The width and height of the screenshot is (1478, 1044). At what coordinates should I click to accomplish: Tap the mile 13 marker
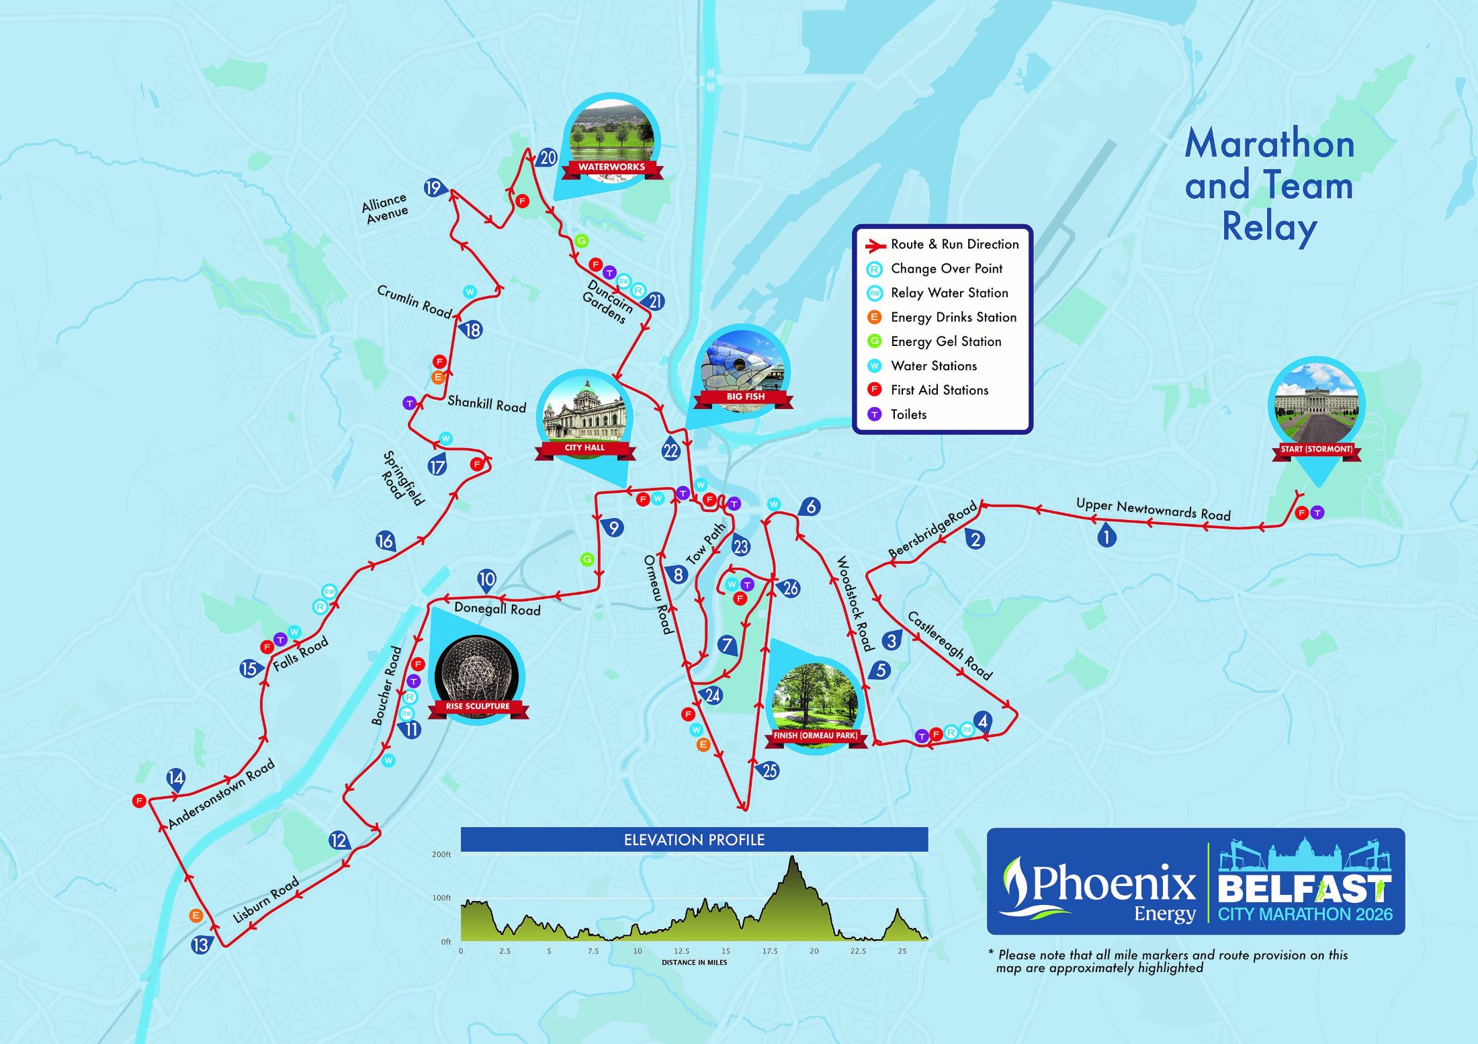(200, 945)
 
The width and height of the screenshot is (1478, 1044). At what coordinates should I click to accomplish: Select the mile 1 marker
(1106, 536)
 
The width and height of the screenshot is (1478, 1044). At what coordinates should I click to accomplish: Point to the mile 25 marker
(769, 770)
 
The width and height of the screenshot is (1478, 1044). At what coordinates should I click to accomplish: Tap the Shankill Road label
(486, 404)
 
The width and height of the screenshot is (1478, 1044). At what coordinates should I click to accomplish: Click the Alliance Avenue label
(385, 208)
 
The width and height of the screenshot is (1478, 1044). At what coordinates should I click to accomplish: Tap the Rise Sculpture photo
(477, 675)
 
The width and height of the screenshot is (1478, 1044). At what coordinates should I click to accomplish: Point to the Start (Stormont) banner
(1316, 449)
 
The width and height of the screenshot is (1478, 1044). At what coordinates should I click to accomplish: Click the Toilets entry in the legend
(908, 415)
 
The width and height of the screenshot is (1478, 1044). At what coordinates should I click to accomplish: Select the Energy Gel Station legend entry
(945, 341)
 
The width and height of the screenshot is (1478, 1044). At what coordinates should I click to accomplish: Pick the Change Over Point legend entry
(946, 269)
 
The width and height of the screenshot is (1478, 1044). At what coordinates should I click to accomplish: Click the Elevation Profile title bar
(694, 840)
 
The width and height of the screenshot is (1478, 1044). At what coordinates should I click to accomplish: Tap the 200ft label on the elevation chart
(441, 855)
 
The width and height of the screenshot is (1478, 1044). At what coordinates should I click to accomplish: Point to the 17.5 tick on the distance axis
(769, 951)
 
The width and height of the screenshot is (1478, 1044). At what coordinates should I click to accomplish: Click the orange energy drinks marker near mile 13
(195, 915)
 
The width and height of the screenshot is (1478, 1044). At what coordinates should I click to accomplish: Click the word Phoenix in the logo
(1113, 883)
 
